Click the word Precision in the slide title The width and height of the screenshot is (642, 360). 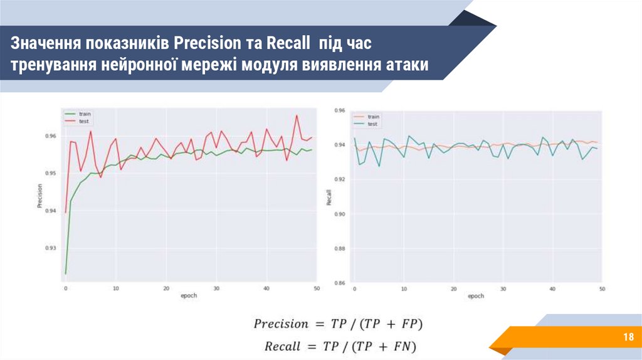tap(206, 43)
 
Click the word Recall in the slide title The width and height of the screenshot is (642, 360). tap(288, 43)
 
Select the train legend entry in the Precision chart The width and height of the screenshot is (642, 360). tap(85, 114)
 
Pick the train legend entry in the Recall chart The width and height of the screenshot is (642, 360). tap(374, 117)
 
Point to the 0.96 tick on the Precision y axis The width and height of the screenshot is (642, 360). tap(52, 136)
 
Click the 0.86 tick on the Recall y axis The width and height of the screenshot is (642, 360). tap(340, 283)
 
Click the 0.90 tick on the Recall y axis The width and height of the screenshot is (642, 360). tap(340, 214)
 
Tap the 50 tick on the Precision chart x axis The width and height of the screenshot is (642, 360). tap(317, 289)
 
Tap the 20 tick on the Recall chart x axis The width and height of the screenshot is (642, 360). tap(453, 289)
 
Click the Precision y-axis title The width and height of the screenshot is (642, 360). tap(39, 196)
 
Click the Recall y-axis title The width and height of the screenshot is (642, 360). tap(329, 198)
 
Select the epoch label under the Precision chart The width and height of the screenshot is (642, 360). tap(189, 295)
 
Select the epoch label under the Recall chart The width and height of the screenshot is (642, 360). tap(476, 295)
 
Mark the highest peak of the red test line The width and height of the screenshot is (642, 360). tap(296, 115)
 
